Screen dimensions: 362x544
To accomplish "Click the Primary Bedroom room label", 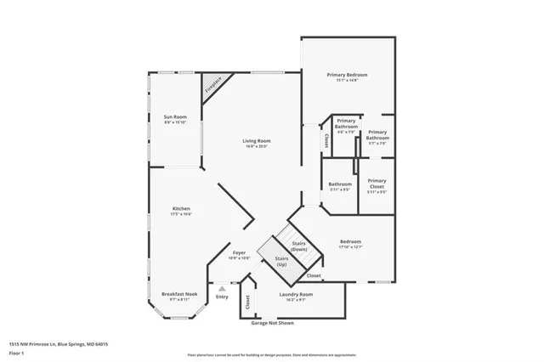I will point(348,75).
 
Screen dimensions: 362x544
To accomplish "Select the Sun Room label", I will point(175,116).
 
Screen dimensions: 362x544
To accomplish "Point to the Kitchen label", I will point(181,208).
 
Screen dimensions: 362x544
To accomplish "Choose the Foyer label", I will point(241,252).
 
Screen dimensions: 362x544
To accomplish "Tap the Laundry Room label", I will point(296,294).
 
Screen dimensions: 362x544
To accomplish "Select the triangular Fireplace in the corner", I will point(212,83).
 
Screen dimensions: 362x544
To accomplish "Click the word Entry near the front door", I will point(222,297).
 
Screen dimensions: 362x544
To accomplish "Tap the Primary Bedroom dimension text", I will point(348,81).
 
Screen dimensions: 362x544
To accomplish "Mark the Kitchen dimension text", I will point(181,214).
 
